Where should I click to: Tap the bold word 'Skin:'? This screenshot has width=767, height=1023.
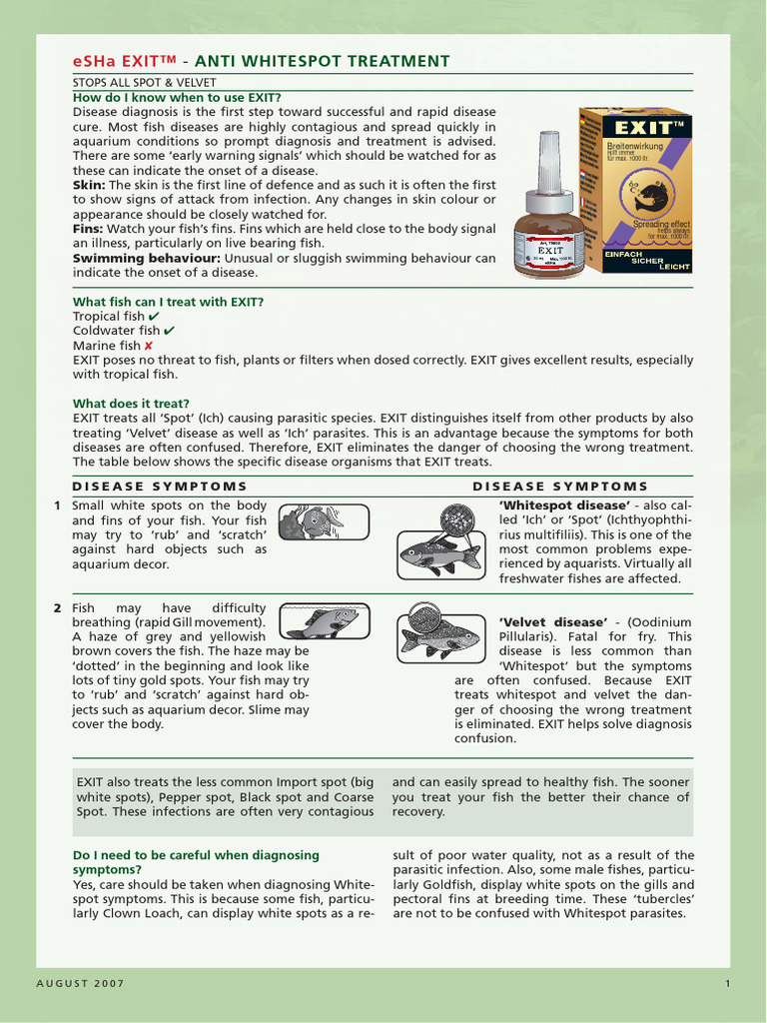[89, 185]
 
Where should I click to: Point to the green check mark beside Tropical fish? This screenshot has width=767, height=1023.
[153, 316]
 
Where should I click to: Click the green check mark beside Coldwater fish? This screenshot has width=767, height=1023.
[170, 331]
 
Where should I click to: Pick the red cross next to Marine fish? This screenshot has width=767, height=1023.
[148, 346]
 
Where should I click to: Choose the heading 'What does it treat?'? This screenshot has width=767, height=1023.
[131, 404]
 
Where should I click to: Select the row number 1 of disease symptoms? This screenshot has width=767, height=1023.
[58, 506]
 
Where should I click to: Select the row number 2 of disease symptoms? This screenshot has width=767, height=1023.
[58, 607]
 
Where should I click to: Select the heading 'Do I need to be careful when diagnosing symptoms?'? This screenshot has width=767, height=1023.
[196, 862]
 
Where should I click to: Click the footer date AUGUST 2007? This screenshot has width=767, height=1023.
[81, 984]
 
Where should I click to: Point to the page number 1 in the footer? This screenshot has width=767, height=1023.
[728, 984]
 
